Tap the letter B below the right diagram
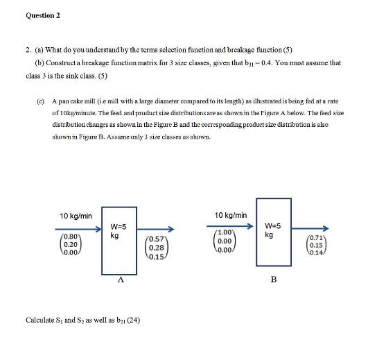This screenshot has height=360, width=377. click(x=274, y=280)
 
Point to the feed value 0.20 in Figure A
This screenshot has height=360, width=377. click(x=69, y=244)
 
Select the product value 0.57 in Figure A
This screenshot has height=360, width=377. click(x=157, y=241)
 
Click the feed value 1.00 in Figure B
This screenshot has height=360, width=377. click(x=224, y=232)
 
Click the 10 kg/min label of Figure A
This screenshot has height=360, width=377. click(x=75, y=216)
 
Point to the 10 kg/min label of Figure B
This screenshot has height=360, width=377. click(x=231, y=215)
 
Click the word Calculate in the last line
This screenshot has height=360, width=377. click(x=40, y=320)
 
